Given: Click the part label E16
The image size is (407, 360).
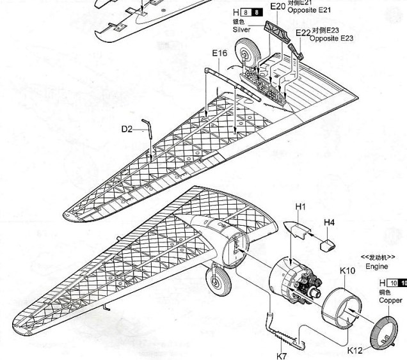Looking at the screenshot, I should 219,53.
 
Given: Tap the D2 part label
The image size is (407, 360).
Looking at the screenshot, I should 127,129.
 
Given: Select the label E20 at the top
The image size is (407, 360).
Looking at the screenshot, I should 277,6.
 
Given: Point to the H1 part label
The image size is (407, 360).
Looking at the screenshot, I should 301,207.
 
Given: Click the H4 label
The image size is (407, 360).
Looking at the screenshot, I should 329,222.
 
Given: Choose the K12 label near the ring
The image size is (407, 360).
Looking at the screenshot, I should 356,350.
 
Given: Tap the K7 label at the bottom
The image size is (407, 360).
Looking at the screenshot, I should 281,354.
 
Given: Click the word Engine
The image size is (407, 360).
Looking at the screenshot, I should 377,265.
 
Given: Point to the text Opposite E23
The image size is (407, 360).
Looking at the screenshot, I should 331,38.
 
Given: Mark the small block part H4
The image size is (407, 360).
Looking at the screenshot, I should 327,243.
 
